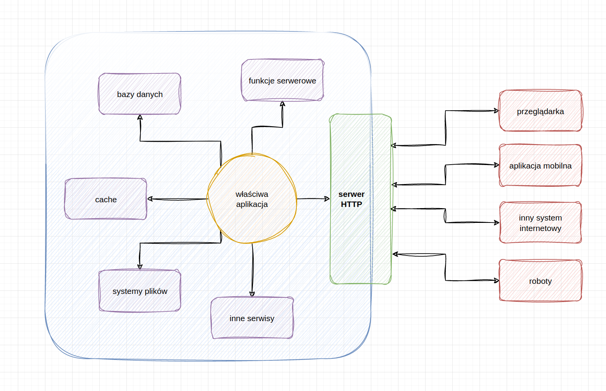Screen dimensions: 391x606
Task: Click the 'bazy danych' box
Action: coord(140,94)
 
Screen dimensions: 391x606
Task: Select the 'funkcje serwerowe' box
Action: coord(282,80)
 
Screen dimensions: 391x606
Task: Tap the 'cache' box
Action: coord(106,199)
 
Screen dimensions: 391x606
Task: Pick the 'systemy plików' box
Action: coord(140,291)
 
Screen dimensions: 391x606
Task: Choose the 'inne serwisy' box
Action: coord(252,318)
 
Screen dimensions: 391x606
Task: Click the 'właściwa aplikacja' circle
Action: coord(252,199)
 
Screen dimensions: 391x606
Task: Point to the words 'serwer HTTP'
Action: coord(351,199)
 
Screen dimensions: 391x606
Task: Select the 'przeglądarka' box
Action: coord(540,111)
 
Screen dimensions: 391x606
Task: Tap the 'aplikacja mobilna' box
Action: coord(540,165)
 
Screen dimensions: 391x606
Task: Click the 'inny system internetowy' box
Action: coord(540,222)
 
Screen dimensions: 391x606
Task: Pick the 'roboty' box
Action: coord(540,281)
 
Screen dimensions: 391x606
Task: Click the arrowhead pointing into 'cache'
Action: coord(150,199)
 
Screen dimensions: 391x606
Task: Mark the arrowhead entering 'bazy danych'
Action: coord(140,117)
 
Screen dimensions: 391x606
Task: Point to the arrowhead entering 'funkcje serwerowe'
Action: coord(282,104)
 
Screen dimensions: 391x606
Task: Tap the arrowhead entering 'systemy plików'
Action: coord(140,267)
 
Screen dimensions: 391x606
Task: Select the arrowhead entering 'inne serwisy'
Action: coord(252,294)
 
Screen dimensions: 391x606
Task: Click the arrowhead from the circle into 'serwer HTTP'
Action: coord(327,199)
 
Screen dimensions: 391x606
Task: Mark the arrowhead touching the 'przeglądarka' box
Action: coord(497,111)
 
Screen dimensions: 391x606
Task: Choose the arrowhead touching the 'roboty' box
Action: coord(497,280)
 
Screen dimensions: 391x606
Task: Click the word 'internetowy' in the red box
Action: coord(540,228)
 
